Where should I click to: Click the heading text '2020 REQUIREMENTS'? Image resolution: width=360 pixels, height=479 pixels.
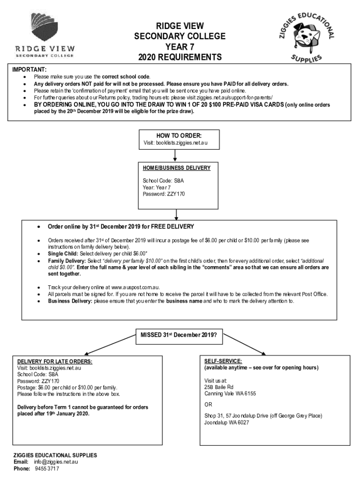tap(180, 58)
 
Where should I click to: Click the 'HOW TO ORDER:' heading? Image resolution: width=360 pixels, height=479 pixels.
tap(175, 136)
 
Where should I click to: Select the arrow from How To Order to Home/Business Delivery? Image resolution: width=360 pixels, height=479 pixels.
tap(175, 155)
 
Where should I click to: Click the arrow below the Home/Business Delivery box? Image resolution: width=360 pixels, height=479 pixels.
tap(176, 214)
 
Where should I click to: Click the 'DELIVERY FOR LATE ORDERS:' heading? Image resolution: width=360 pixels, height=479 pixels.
tap(55, 362)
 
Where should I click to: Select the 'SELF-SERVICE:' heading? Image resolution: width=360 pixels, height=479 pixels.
tap(223, 361)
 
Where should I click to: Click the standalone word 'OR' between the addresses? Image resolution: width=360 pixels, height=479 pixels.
tap(208, 405)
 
